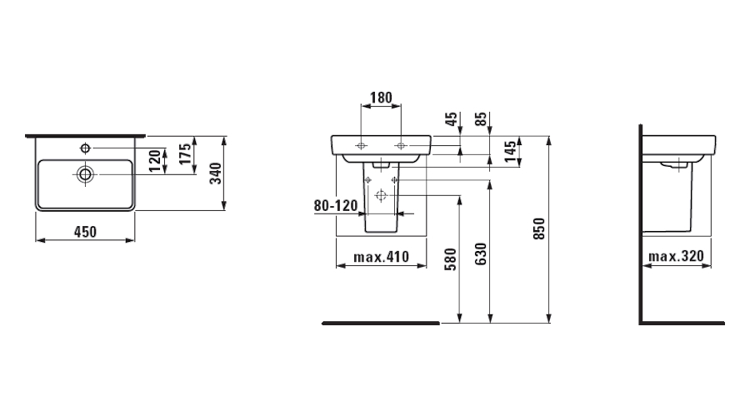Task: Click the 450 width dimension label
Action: (85, 232)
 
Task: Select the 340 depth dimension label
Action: (216, 173)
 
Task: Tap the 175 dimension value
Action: (185, 153)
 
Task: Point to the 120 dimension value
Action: (154, 161)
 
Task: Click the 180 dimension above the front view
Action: (381, 98)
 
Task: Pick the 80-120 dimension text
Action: (336, 206)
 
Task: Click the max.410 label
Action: (381, 257)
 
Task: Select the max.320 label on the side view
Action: (677, 256)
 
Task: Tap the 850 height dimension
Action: (539, 229)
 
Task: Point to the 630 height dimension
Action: (481, 254)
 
